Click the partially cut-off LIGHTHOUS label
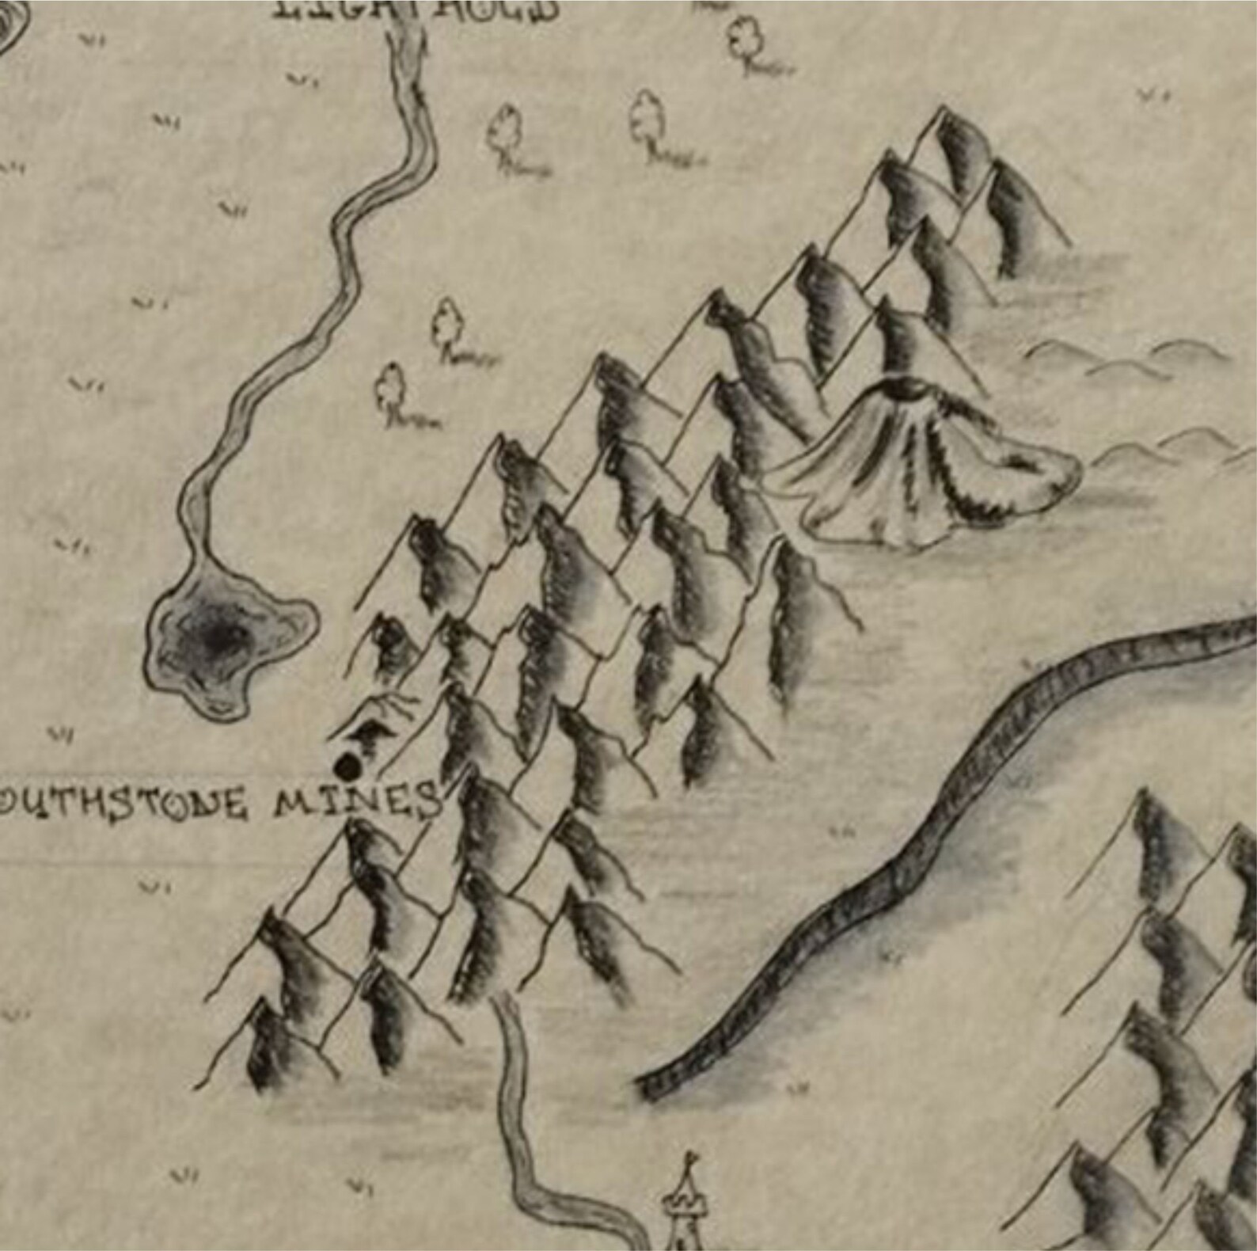[416, 10]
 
